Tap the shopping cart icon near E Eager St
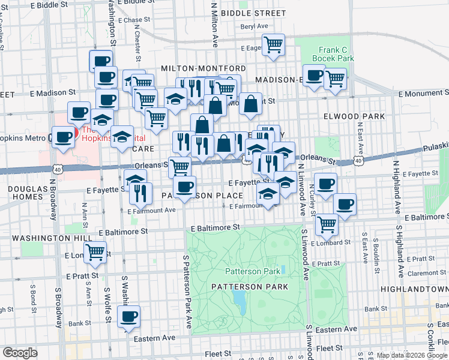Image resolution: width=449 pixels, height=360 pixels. click(274, 44)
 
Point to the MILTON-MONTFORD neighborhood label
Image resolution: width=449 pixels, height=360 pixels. click(203, 68)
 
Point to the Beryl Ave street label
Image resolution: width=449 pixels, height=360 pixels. click(254, 26)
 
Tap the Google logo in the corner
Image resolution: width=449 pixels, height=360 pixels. click(20, 353)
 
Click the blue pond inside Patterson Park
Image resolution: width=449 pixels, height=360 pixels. click(241, 301)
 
